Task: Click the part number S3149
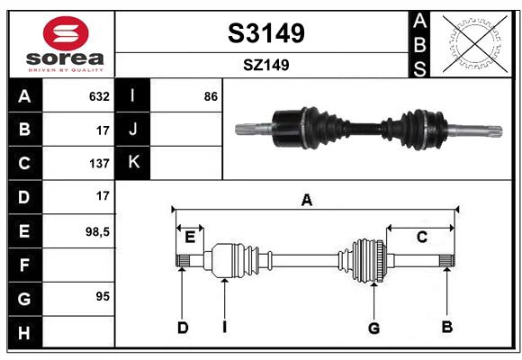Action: (x=265, y=33)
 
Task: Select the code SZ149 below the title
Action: (x=265, y=65)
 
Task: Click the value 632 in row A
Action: (x=99, y=96)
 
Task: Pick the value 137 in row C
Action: (x=99, y=164)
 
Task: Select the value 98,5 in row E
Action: (x=96, y=231)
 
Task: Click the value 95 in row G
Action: (x=102, y=296)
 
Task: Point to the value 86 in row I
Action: (x=211, y=96)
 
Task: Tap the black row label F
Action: (x=24, y=265)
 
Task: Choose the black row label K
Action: (x=133, y=163)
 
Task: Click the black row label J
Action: (x=133, y=130)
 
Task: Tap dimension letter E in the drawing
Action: (x=190, y=238)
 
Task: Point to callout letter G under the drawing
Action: (x=373, y=328)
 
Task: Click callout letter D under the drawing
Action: (x=182, y=328)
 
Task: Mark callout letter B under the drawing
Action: (x=446, y=327)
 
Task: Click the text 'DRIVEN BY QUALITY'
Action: (x=66, y=69)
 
